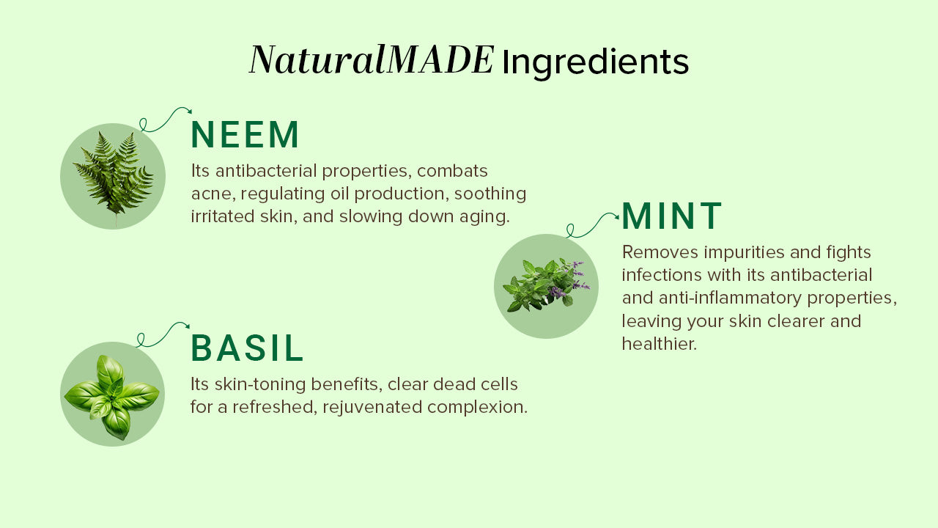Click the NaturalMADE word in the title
click(x=372, y=60)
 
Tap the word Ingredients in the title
click(x=595, y=64)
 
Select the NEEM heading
click(x=245, y=134)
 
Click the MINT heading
click(x=672, y=216)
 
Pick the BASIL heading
click(x=247, y=348)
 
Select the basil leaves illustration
click(x=112, y=396)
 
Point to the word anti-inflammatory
click(x=730, y=298)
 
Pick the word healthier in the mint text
click(x=659, y=344)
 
